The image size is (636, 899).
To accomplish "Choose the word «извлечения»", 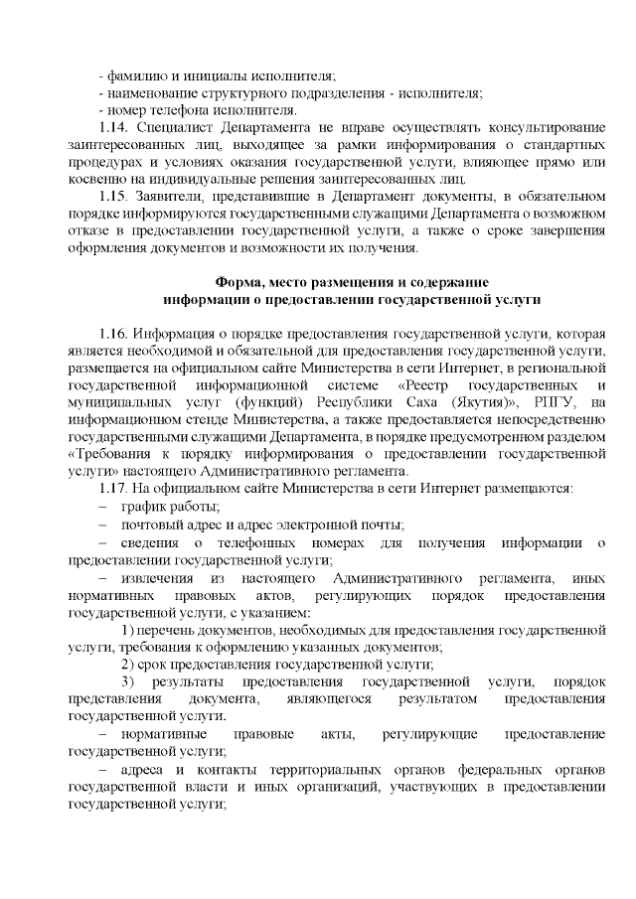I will tap(158, 577).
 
